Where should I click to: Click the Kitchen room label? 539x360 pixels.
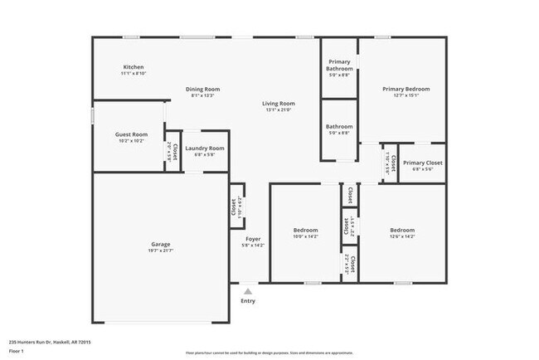pyautogui.click(x=134, y=66)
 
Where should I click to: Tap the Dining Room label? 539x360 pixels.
pyautogui.click(x=202, y=89)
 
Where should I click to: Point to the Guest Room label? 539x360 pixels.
pyautogui.click(x=131, y=134)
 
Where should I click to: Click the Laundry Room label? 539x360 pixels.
pyautogui.click(x=204, y=148)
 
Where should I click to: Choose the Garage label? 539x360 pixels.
pyautogui.click(x=161, y=244)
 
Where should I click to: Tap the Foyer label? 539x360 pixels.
pyautogui.click(x=253, y=239)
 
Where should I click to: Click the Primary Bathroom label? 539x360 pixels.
pyautogui.click(x=340, y=66)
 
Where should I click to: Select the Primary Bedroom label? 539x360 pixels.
pyautogui.click(x=405, y=89)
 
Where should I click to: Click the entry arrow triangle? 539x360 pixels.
pyautogui.click(x=247, y=290)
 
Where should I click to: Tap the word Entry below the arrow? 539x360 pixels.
pyautogui.click(x=248, y=301)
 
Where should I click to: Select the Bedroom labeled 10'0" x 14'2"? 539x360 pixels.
pyautogui.click(x=306, y=230)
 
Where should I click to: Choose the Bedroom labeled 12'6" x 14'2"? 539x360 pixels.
pyautogui.click(x=402, y=230)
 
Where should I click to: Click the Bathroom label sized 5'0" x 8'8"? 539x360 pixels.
pyautogui.click(x=339, y=127)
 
